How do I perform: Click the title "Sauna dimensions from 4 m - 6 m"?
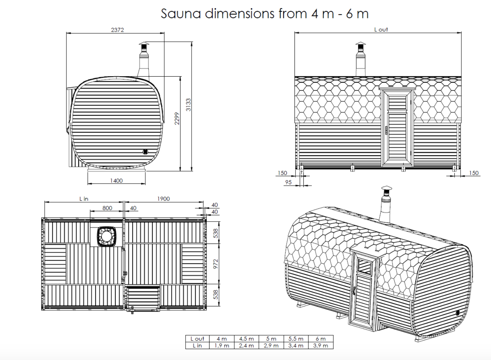click(x=265, y=14)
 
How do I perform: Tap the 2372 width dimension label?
click(x=117, y=30)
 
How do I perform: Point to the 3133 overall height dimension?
click(x=188, y=105)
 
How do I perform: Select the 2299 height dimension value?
click(x=177, y=119)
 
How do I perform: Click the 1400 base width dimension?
click(x=116, y=181)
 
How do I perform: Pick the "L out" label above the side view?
click(x=381, y=30)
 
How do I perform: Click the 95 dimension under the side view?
click(x=289, y=182)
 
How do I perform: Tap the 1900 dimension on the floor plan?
click(x=164, y=199)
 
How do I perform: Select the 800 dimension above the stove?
click(x=107, y=208)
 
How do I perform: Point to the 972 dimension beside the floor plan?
click(x=216, y=264)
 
